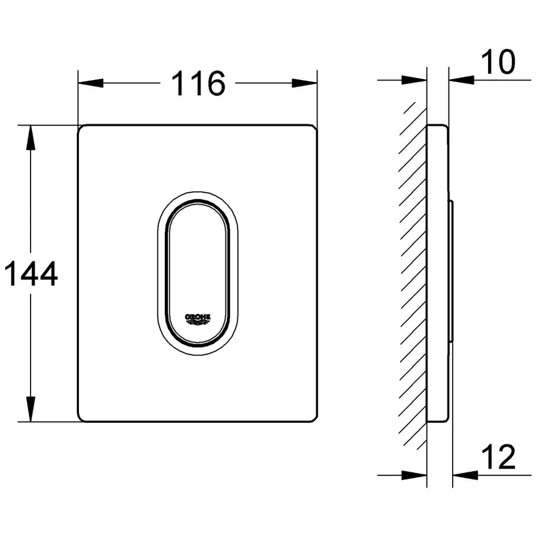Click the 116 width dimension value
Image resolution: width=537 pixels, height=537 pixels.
[198, 83]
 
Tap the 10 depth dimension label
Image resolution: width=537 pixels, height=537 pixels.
[498, 62]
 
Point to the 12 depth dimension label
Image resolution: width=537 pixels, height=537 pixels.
[498, 457]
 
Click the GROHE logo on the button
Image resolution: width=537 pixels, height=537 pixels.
[198, 319]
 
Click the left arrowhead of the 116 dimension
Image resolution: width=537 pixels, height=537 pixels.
[91, 83]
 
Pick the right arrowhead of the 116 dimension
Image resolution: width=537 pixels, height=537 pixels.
[304, 83]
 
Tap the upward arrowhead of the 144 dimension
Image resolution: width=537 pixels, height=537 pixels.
[31, 137]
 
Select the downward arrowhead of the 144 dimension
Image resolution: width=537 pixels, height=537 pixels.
[31, 409]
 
